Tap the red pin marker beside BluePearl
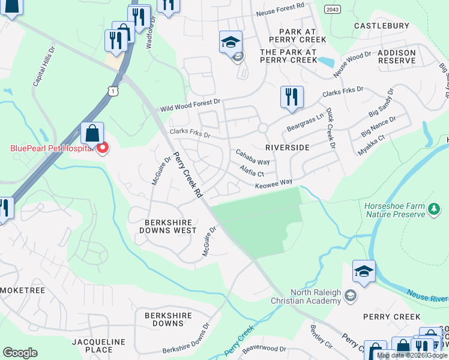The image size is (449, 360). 103,147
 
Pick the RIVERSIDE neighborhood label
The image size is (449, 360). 287,147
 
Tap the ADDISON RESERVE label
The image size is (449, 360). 396,57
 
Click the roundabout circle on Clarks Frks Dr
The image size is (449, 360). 262,128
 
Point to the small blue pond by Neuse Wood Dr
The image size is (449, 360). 327,61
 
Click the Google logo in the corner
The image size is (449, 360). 20,352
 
